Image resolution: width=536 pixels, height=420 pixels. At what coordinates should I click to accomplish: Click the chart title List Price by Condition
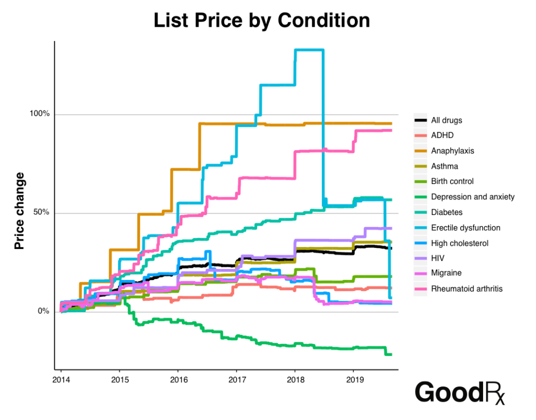(x=262, y=20)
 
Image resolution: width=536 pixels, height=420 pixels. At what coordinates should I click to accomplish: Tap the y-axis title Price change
(x=19, y=211)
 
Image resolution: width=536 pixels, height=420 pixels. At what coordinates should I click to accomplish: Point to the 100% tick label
(x=39, y=114)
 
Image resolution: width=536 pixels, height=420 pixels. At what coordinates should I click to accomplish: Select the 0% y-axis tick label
(x=43, y=311)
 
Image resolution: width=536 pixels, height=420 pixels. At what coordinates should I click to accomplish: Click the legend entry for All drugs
(x=446, y=120)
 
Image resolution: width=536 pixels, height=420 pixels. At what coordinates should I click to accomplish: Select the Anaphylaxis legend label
(x=452, y=150)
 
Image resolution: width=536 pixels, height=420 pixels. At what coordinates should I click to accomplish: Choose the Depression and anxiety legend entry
(x=473, y=197)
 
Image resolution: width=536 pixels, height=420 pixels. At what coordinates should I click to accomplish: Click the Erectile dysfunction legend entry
(x=465, y=228)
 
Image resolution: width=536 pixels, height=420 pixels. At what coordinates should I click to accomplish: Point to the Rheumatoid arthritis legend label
(x=466, y=288)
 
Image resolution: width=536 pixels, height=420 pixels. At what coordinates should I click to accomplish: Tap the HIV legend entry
(x=438, y=258)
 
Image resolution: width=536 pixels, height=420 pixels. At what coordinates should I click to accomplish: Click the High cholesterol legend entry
(x=460, y=243)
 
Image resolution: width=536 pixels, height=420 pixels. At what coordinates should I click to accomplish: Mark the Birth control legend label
(x=452, y=181)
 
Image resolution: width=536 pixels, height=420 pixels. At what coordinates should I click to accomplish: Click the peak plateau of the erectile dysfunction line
(x=309, y=50)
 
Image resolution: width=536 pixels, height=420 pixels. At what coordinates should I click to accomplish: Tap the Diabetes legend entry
(x=446, y=212)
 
